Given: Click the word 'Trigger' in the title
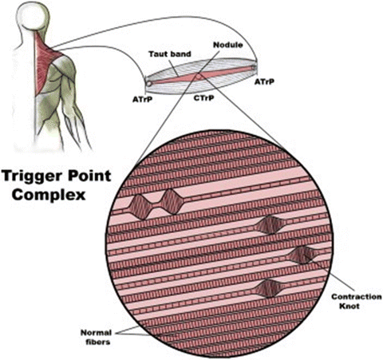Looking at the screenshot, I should (32, 173).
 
